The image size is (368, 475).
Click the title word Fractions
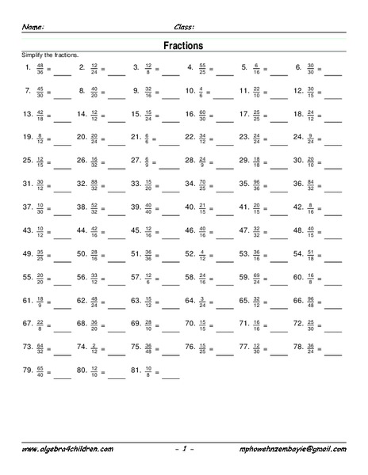coord(184,45)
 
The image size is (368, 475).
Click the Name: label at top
coord(33,26)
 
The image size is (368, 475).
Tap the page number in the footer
coord(183,449)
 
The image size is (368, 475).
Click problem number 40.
coord(189,208)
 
